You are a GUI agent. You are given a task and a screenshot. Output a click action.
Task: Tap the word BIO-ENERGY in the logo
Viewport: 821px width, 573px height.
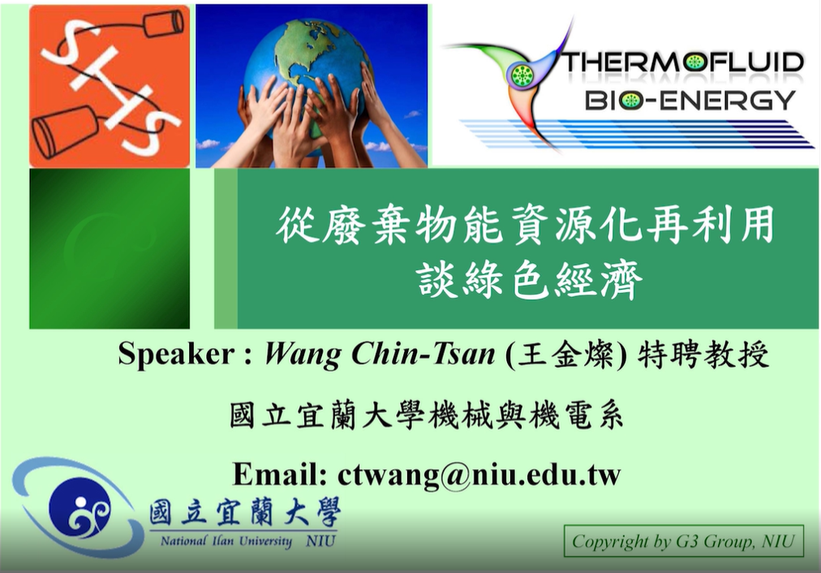click(690, 100)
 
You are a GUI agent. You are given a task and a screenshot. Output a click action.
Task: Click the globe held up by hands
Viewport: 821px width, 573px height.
click(307, 73)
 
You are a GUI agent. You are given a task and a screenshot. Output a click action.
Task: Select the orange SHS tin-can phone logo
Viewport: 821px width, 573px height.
click(110, 86)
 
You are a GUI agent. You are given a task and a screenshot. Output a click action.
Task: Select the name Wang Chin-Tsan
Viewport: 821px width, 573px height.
click(380, 354)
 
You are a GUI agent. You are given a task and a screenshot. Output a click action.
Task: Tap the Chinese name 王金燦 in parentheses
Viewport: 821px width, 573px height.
click(565, 355)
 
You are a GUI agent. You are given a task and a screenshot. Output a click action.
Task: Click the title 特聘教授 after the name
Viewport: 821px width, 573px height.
click(703, 355)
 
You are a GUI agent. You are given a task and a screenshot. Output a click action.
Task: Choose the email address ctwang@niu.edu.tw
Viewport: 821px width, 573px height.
click(479, 475)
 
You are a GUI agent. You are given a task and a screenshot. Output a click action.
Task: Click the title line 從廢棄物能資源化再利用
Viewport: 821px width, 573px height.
click(525, 225)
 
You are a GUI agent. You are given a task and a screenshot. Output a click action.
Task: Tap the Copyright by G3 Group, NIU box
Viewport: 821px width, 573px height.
click(683, 541)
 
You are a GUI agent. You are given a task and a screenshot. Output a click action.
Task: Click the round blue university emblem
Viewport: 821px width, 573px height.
click(80, 509)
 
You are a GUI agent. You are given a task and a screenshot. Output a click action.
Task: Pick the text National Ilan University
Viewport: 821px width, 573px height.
click(226, 541)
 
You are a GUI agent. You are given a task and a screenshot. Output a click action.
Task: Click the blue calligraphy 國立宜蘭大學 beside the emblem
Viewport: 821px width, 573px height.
click(244, 511)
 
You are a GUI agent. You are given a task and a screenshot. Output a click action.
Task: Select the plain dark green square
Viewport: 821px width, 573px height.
click(110, 248)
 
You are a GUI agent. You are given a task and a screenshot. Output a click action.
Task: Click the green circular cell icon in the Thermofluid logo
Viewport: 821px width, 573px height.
click(521, 75)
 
